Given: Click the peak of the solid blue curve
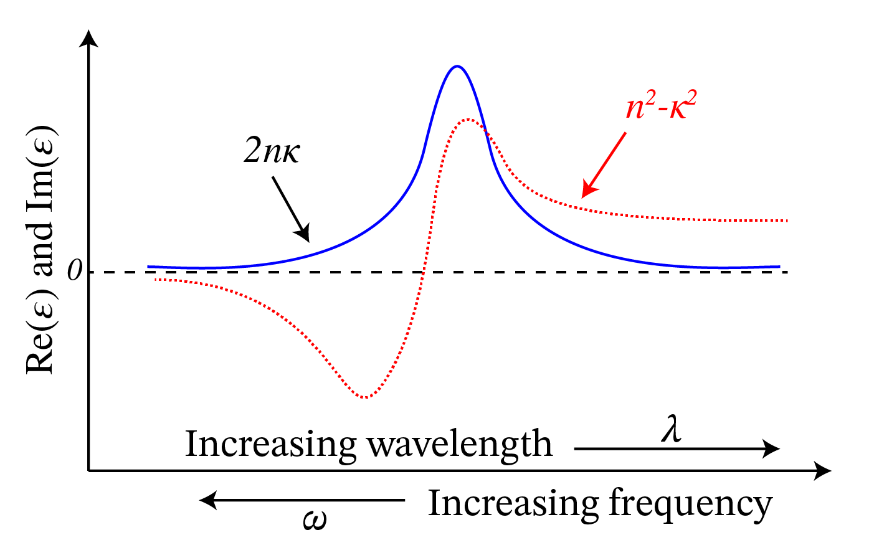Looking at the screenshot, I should pos(457,66).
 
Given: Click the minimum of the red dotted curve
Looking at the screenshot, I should pos(365,397).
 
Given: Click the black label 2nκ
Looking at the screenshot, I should pos(272,151).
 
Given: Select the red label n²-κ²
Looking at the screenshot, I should pos(660,107).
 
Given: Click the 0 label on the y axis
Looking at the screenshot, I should pos(76,272).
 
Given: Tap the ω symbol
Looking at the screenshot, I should pos(315,519).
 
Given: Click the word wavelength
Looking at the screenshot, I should pos(460,445).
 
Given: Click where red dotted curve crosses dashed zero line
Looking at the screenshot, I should pos(423,272).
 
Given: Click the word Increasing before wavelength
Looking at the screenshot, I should pos(270,445).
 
